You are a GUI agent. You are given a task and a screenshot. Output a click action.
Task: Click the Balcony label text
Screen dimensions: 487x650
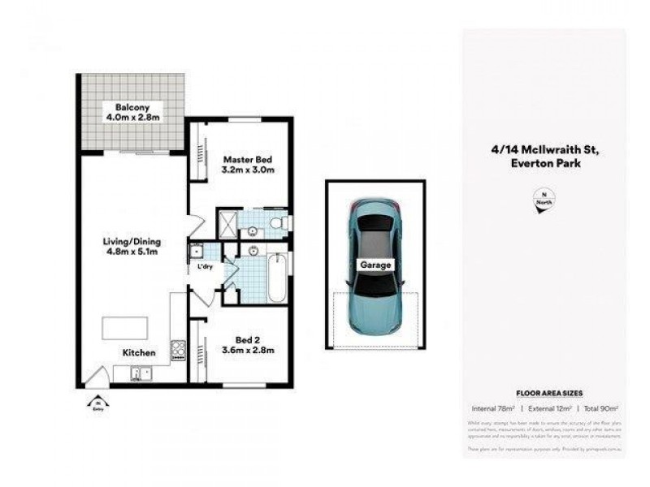tap(128, 107)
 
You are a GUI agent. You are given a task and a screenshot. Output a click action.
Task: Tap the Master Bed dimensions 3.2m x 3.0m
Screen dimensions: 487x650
tap(249, 170)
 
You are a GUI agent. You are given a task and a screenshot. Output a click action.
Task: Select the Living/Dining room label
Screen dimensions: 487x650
tap(131, 241)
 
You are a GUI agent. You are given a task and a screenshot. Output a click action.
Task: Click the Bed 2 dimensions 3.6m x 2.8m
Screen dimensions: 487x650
tap(249, 351)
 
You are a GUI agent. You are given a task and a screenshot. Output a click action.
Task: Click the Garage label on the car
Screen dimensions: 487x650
tap(375, 265)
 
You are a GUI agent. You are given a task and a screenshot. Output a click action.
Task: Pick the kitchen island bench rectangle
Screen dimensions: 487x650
tap(125, 328)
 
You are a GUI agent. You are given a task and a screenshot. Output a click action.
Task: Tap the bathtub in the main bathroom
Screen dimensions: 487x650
tap(276, 278)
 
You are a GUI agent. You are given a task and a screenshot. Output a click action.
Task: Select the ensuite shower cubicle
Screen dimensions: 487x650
tap(227, 223)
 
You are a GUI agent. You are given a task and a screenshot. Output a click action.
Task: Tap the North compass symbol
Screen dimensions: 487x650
tap(540, 201)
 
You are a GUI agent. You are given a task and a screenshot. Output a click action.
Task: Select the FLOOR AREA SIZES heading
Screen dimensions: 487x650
tap(544, 392)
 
